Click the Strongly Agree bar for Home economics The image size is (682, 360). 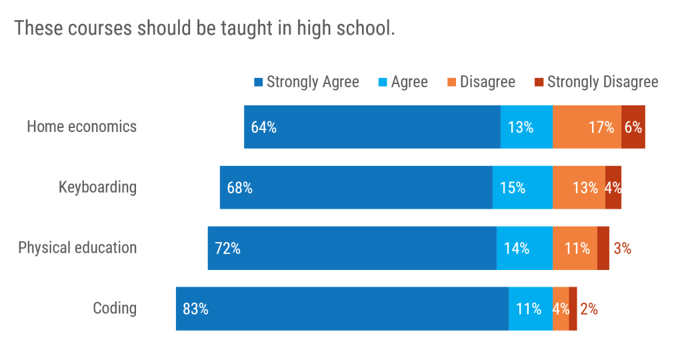point(372,127)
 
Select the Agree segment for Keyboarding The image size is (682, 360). point(522,187)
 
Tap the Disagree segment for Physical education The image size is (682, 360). point(575,248)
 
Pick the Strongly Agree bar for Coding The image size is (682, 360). point(342,309)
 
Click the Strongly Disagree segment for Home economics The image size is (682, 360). point(633,127)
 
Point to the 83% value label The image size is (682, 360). point(195,309)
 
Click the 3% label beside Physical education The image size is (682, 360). point(623,249)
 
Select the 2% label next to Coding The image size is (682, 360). point(589,309)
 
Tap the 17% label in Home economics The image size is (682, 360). point(601,127)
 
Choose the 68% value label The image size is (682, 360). point(239,188)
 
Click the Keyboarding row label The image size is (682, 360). point(97,187)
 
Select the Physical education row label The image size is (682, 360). point(77,248)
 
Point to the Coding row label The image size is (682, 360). point(115,308)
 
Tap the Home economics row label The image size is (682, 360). point(81,126)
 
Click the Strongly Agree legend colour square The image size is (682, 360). point(258,83)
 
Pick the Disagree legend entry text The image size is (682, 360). point(487,82)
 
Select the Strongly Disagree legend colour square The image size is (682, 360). point(539,83)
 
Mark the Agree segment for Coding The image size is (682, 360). point(530,309)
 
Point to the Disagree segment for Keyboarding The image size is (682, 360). point(579,187)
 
